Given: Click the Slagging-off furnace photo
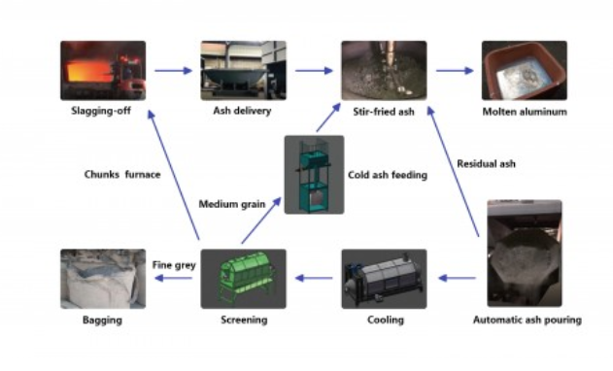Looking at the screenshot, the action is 103,70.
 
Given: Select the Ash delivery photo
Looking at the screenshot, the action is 243,70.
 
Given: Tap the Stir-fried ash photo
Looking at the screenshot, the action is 384,70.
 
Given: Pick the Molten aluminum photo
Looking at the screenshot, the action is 525,70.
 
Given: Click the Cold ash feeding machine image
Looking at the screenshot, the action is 315,175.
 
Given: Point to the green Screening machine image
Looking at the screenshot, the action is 243,279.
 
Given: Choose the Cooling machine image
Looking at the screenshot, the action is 384,279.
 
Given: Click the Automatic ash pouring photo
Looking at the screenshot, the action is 525,253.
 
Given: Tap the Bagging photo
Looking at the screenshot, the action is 103,279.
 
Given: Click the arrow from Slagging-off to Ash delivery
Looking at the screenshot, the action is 173,71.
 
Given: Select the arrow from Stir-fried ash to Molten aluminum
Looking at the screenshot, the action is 455,71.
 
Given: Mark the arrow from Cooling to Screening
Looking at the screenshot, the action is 314,278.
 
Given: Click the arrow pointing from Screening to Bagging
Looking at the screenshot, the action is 173,278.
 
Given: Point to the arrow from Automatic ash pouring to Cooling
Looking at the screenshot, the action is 457,278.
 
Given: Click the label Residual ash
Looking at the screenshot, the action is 486,164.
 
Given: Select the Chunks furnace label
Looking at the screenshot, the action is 122,175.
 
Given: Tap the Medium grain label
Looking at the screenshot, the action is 232,204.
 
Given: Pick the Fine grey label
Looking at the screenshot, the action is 174,265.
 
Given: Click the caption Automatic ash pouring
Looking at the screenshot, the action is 528,320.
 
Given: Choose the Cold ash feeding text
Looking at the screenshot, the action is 388,175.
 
